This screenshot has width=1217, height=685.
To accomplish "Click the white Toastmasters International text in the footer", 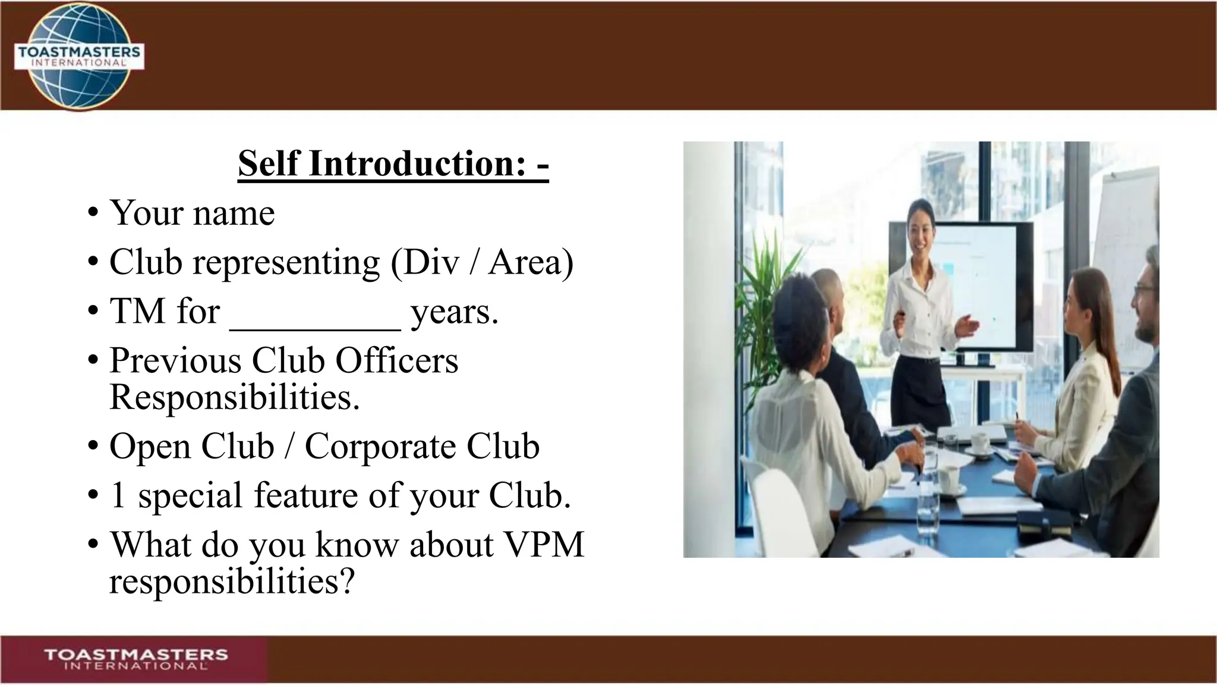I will point(136,659).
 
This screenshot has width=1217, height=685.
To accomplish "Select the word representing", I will point(286,262).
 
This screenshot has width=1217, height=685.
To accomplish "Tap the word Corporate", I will point(380,447).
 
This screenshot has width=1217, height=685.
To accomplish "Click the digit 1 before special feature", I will point(118,495).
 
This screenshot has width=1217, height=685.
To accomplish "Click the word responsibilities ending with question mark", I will point(232,582).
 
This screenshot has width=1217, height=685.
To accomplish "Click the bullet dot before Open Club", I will point(93,447).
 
